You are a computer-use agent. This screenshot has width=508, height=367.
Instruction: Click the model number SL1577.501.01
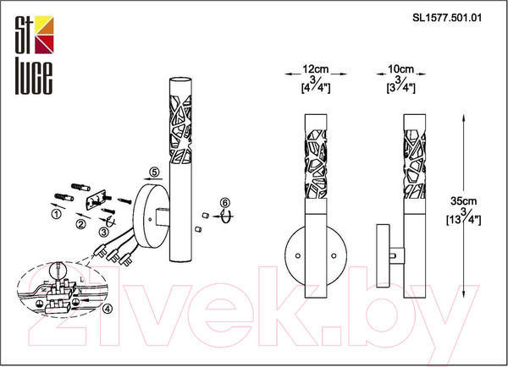(x=447, y=18)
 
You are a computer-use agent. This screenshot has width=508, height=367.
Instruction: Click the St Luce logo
(x=34, y=55)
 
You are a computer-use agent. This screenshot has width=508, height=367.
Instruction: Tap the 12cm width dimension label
(x=315, y=69)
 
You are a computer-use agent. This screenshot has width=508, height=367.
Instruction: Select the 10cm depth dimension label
(x=400, y=69)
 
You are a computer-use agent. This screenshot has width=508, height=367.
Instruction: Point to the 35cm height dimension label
(x=464, y=201)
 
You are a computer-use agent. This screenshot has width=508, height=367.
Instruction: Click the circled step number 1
(x=57, y=214)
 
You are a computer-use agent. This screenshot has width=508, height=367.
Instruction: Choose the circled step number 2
(x=81, y=223)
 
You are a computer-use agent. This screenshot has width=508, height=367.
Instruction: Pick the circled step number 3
(x=103, y=232)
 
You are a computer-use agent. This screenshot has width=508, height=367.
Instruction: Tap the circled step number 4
(x=108, y=309)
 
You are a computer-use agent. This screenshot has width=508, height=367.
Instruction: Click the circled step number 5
(x=155, y=172)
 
